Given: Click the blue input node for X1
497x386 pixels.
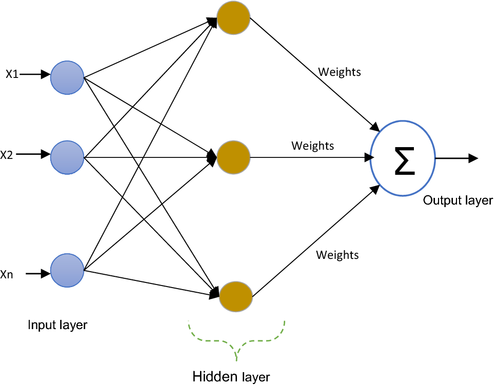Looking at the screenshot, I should click(x=67, y=78).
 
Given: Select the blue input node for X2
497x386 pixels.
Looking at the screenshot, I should click(x=67, y=157).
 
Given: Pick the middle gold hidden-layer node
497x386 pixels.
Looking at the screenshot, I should click(x=233, y=157).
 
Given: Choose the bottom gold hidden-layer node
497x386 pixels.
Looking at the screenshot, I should click(x=236, y=297).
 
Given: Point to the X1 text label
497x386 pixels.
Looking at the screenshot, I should click(x=12, y=74).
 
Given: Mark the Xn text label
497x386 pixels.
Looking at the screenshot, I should click(x=7, y=275).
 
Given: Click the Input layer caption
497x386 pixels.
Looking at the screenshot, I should click(x=57, y=325).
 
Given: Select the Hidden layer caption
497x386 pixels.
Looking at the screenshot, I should click(x=231, y=377).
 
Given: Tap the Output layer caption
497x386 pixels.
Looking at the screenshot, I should click(x=458, y=200).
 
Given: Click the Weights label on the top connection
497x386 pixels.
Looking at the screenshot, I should click(x=340, y=72).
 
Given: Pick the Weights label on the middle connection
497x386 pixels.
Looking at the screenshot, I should click(x=312, y=146).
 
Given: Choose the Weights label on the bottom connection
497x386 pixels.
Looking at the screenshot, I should click(x=337, y=255).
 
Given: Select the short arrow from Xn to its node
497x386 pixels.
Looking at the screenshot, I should click(x=37, y=274).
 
